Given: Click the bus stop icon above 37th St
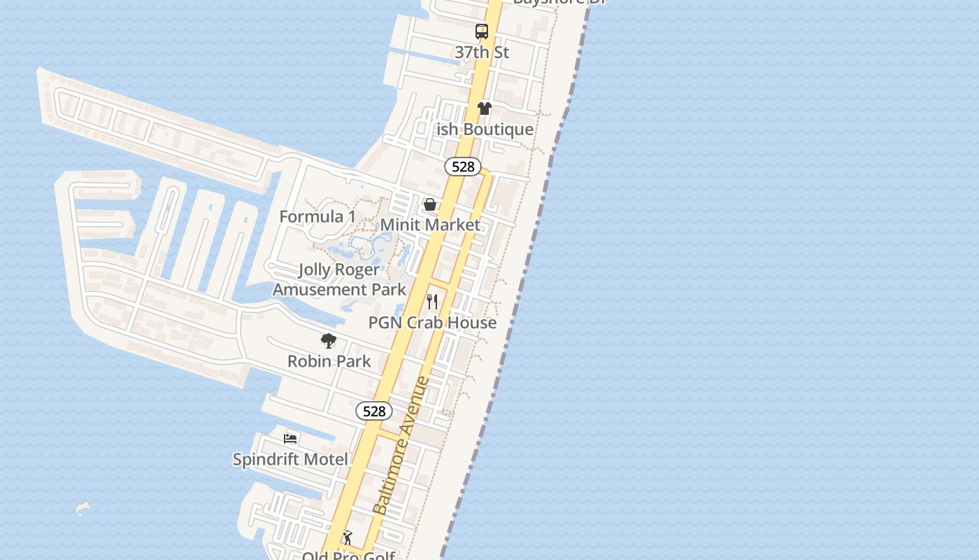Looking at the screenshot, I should coord(482,31).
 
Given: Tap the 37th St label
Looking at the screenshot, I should coord(482,52).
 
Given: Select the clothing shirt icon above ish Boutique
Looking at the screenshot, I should coord(485,108).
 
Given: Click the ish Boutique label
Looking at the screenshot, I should coord(485,129).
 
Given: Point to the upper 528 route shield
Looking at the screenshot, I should coord(463,167).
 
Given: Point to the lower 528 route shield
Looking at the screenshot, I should coord(374,411).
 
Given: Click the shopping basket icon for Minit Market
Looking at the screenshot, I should coord(430,204).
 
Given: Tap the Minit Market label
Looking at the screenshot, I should coord(430,225).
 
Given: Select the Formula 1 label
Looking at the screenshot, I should coord(317,217).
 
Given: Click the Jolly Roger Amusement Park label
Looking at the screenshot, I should coord(339,279).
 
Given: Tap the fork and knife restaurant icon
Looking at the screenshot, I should coord(432,302).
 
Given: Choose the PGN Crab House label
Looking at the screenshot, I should coord(432,323).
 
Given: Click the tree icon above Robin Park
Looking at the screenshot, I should coord(329,341).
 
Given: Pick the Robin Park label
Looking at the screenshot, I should coord(329,361).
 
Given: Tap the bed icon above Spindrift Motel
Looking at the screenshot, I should coord(290,439).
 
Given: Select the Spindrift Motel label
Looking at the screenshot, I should coord(290,459).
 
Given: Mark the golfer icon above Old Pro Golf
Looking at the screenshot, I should coord(348,538).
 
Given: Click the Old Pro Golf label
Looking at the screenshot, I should coord(349,556).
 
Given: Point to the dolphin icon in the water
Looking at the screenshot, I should coord(83,508).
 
